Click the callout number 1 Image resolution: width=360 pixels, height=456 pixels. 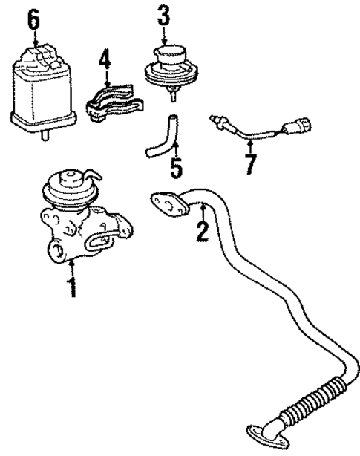(72, 287)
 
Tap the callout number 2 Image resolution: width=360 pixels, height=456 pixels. (200, 231)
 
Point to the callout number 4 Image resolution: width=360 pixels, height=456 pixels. (106, 59)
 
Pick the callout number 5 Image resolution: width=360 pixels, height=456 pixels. (175, 166)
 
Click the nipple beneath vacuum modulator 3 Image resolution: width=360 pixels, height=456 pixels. (171, 94)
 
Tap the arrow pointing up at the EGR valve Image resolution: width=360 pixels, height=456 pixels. (72, 265)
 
